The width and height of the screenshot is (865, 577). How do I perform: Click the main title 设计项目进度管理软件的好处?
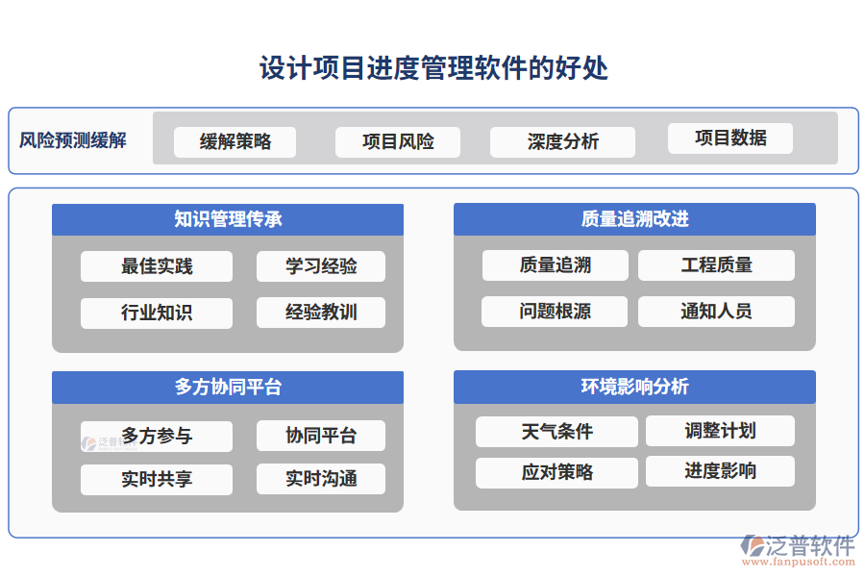click(x=432, y=68)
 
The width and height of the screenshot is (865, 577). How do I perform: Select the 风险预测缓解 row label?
click(x=73, y=140)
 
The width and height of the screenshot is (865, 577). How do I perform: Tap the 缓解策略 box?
click(x=235, y=142)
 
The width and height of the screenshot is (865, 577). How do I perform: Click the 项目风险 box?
click(x=398, y=142)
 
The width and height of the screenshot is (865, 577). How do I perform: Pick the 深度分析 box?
click(x=562, y=142)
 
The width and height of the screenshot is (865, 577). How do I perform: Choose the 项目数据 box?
click(x=730, y=138)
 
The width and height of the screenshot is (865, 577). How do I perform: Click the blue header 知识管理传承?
click(x=228, y=219)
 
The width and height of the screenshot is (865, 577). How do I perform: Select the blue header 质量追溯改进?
click(x=634, y=219)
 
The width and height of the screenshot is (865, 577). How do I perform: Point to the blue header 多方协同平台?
click(x=228, y=388)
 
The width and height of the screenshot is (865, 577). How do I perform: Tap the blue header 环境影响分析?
click(x=634, y=387)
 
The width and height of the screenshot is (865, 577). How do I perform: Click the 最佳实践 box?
click(x=157, y=266)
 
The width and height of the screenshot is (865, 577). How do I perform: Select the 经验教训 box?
click(x=321, y=313)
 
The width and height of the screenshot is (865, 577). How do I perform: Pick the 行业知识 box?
click(x=157, y=314)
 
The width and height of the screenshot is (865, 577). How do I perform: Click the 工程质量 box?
click(x=716, y=265)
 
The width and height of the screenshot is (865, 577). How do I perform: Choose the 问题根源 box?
click(x=555, y=312)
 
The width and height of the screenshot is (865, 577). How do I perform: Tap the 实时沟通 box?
click(x=321, y=479)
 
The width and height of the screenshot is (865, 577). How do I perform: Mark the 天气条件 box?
click(x=556, y=432)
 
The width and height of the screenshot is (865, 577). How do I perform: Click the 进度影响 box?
click(x=720, y=471)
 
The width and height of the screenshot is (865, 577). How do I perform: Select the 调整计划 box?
click(x=720, y=431)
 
